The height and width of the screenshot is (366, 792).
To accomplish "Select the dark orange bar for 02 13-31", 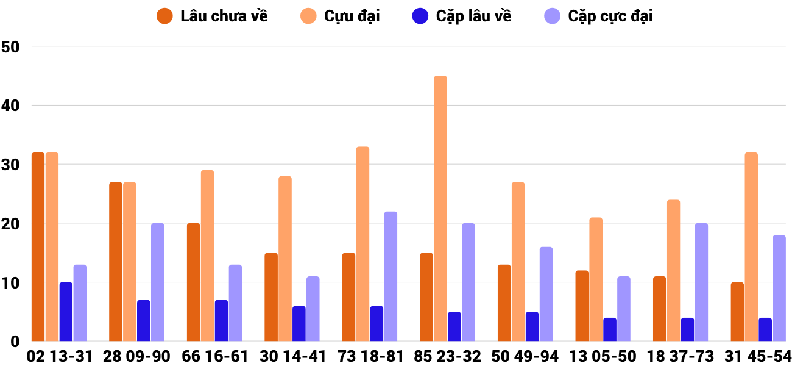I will [x=38, y=247].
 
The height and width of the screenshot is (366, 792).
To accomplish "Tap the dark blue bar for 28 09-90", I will [x=144, y=321].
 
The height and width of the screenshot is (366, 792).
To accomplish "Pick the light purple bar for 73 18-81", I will [x=391, y=276].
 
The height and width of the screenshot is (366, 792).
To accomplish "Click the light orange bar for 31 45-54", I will [x=751, y=247].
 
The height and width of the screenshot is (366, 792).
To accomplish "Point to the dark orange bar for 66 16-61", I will [x=193, y=282].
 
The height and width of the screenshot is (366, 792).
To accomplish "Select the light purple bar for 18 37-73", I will [x=701, y=282].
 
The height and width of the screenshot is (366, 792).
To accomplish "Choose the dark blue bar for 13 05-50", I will [x=610, y=329].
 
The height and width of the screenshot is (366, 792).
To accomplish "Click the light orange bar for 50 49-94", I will [x=518, y=262].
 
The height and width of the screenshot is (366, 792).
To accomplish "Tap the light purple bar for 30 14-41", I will [x=313, y=309].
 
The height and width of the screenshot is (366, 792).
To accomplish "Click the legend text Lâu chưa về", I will [x=224, y=16].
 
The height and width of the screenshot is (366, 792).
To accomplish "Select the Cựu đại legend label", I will [x=352, y=16].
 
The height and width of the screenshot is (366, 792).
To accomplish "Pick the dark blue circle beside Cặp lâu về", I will [x=420, y=16].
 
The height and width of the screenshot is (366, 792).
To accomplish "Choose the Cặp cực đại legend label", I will [x=610, y=16].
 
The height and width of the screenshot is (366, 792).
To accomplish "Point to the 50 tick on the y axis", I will [x=12, y=47].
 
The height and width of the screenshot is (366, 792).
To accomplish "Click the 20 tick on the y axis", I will [x=12, y=224].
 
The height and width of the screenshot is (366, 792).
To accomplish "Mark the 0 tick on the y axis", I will [x=16, y=342].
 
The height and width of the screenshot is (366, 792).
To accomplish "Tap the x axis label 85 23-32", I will [x=448, y=356].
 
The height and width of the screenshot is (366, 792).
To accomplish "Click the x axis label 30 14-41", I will [x=293, y=356].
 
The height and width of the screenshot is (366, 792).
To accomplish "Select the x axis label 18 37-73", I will [x=681, y=356].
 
